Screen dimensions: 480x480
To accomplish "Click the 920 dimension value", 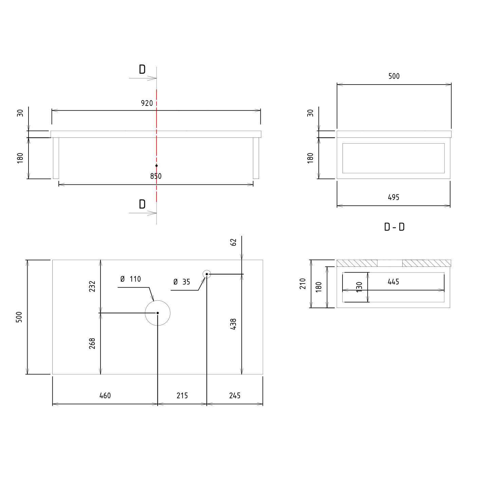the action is coord(147,103).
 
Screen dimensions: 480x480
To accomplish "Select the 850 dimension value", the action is coord(156,176).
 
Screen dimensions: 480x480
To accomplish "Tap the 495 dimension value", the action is coord(393,197).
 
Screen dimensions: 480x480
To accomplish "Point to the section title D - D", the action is coord(394,227).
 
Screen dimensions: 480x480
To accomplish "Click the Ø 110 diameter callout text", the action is coord(131,279).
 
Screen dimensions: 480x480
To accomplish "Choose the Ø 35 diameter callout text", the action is coord(182,282).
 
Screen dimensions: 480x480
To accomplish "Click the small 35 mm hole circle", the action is coord(207,274).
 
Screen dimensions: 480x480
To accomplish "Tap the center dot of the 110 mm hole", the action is coord(158,313).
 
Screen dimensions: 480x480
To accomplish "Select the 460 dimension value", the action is coord(105,395).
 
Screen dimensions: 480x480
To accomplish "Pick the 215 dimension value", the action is coord(182,395).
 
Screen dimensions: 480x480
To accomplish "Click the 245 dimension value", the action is coord(235,395).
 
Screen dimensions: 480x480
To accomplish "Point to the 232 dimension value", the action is coord(92,287).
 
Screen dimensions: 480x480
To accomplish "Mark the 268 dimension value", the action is coord(92,344).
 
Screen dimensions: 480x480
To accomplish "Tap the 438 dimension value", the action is coord(233,324).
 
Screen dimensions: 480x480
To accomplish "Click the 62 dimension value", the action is coord(233,242).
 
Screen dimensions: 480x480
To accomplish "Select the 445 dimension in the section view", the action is coord(393,282).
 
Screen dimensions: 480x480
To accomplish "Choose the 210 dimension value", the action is coord(303,284).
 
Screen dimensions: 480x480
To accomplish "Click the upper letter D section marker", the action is coord(142,69).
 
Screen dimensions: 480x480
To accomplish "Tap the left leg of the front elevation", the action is coord(56,158).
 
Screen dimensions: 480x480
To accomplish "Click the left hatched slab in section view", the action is coord(357,263).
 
